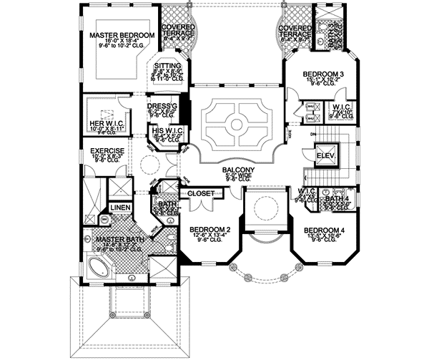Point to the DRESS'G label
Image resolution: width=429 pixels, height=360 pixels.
click(161, 104)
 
